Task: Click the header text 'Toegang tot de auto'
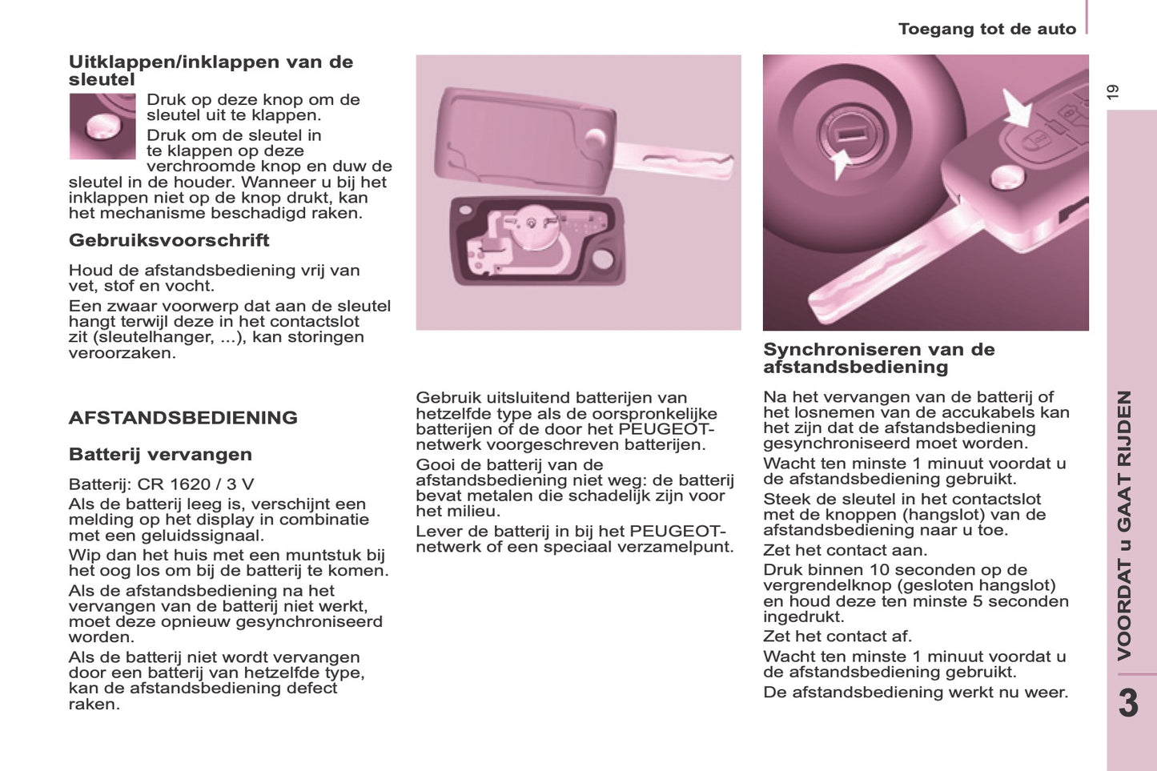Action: pyautogui.click(x=986, y=30)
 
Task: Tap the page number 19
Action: pyautogui.click(x=1113, y=92)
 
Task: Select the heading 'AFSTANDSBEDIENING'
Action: pyautogui.click(x=183, y=418)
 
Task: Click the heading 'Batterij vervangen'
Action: pyautogui.click(x=160, y=455)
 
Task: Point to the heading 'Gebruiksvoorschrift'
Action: pyautogui.click(x=169, y=240)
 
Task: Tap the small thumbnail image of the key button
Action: pyautogui.click(x=102, y=126)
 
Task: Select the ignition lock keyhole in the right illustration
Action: pyautogui.click(x=850, y=131)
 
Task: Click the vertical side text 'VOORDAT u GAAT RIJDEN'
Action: pyautogui.click(x=1125, y=524)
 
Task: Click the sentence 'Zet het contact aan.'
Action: pyautogui.click(x=845, y=551)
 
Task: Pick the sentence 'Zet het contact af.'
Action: pyautogui.click(x=838, y=636)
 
